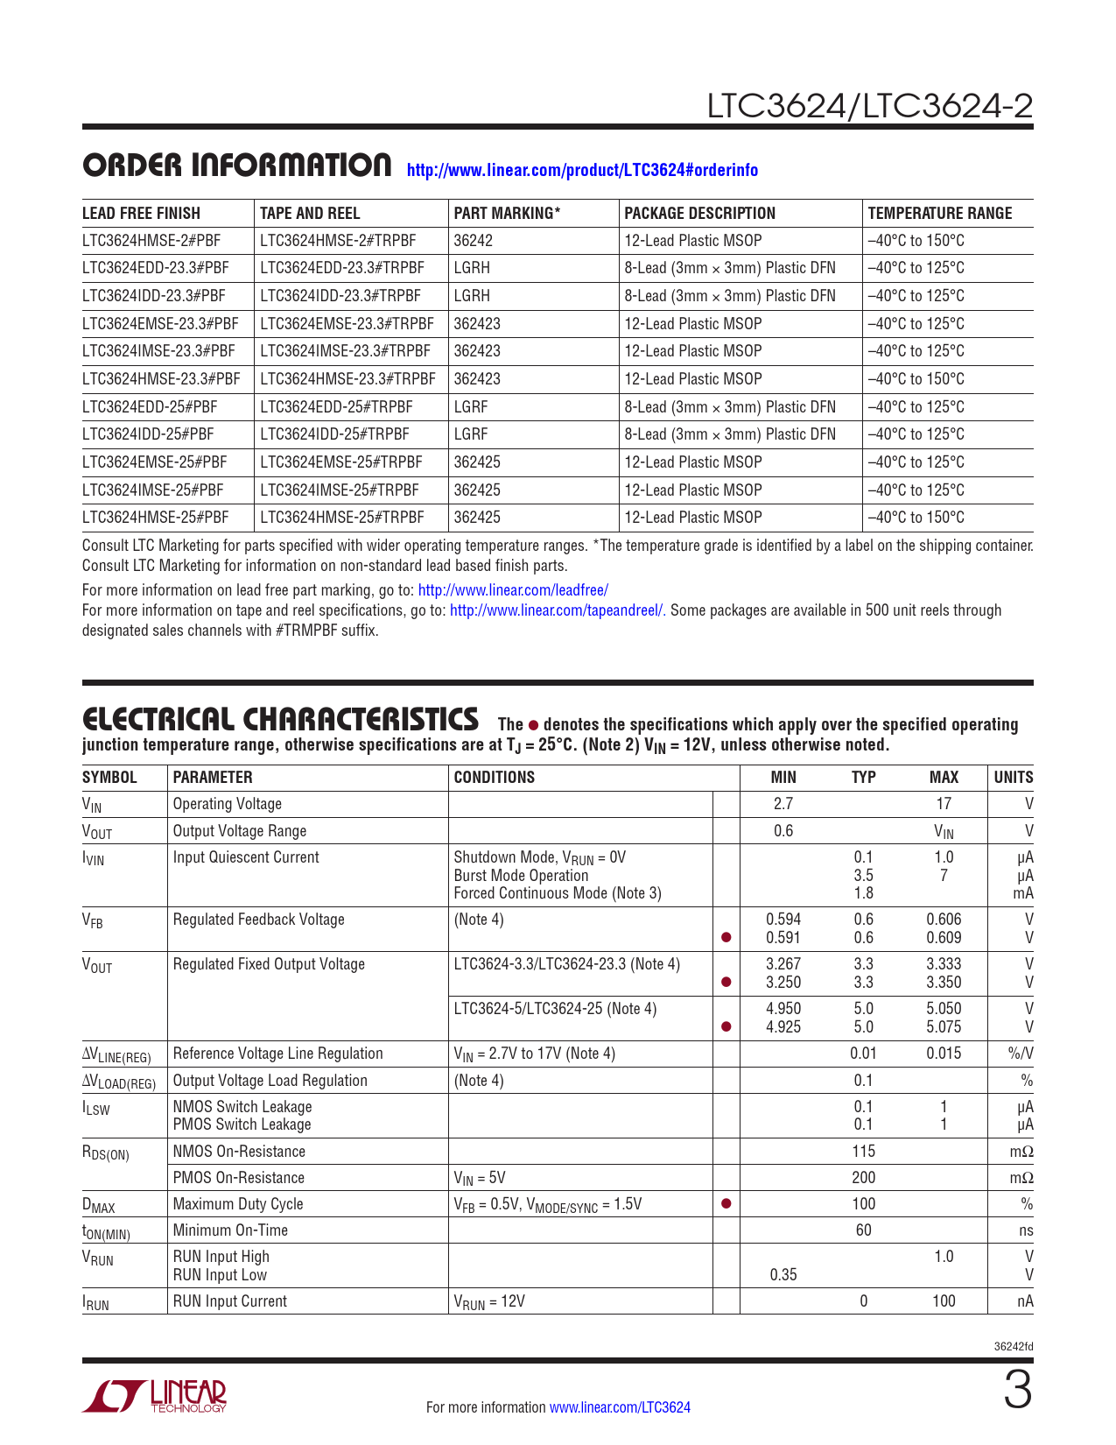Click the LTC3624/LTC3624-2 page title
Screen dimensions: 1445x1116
click(869, 106)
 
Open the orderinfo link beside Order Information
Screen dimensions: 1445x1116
click(582, 170)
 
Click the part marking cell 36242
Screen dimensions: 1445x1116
click(474, 241)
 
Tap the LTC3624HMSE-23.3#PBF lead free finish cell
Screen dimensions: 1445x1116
click(161, 379)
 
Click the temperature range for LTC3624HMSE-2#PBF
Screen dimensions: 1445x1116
click(916, 241)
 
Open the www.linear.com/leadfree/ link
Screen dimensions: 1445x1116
click(513, 590)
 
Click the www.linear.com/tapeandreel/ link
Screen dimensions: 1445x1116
click(558, 610)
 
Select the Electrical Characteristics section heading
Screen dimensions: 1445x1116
click(280, 720)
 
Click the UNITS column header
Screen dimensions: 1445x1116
click(1013, 777)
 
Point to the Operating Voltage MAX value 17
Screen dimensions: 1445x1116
click(944, 804)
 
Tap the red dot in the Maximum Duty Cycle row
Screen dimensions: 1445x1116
click(726, 1204)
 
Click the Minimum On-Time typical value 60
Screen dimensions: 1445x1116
click(863, 1230)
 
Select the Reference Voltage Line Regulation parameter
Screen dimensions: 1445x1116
click(277, 1054)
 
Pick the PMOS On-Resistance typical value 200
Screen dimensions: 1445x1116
click(863, 1178)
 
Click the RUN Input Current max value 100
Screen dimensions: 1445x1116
click(944, 1301)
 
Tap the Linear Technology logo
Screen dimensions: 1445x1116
click(155, 1395)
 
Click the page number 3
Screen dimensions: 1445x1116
click(1017, 1392)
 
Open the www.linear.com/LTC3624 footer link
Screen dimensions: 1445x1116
click(620, 1407)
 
